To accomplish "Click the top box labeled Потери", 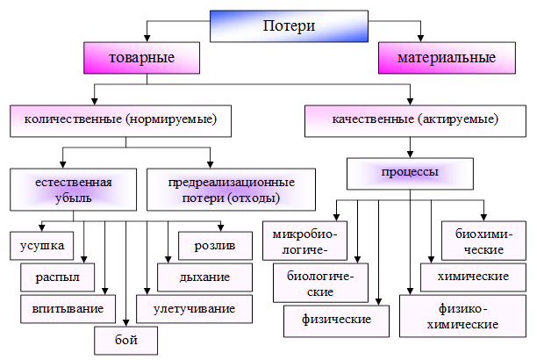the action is click(289, 25).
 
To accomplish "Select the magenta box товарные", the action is click(140, 58).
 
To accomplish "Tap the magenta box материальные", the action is click(447, 58).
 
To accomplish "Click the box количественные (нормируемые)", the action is click(120, 119).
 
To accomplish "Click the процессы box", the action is click(409, 172).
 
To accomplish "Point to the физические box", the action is click(335, 318).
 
